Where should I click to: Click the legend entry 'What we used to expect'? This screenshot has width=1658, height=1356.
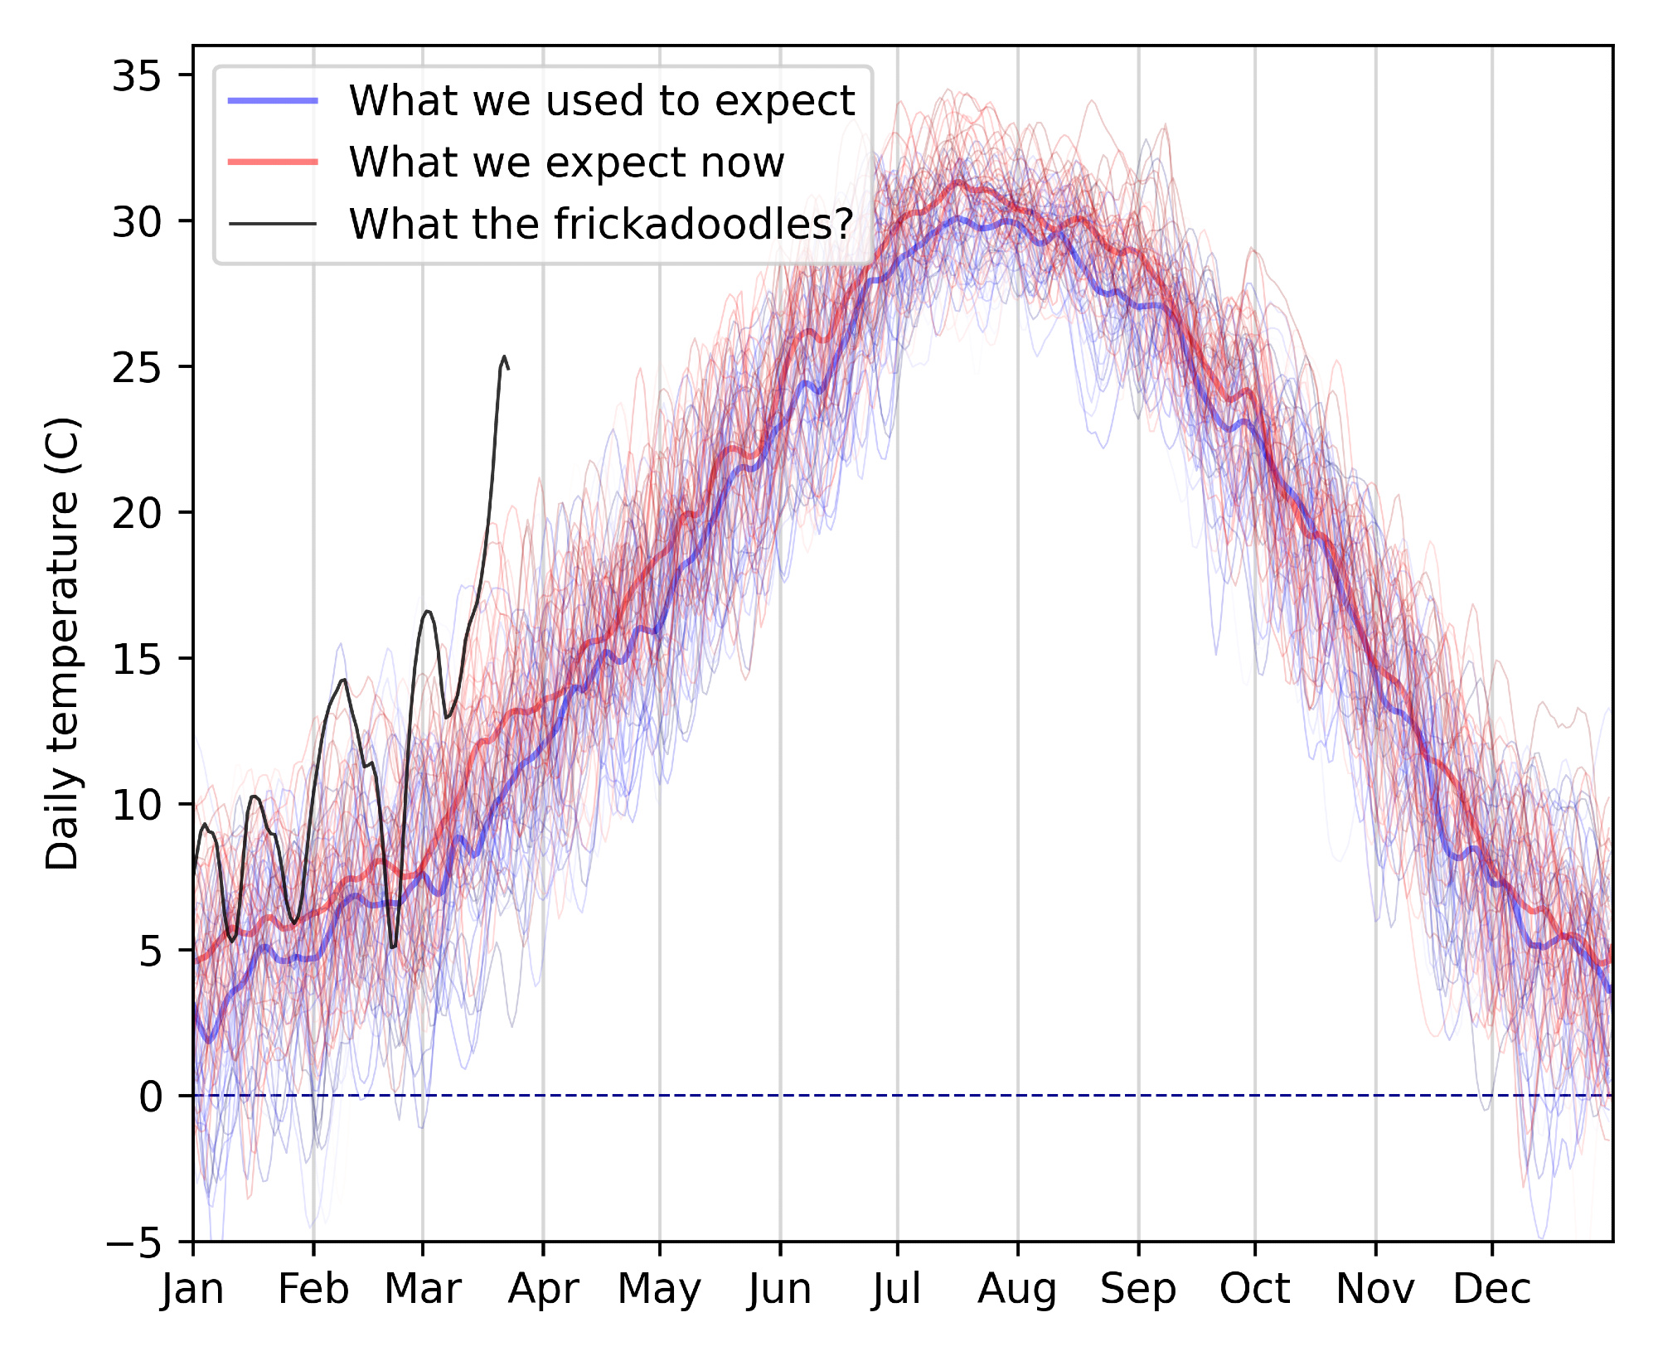pos(601,101)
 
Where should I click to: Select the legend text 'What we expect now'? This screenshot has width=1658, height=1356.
pos(566,162)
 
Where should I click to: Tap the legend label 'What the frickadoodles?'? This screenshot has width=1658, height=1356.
pos(601,224)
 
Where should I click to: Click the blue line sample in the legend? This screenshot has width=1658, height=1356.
pos(273,101)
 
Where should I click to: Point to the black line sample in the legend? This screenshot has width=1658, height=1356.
pos(273,224)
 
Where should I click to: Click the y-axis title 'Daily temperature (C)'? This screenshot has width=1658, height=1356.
pos(63,644)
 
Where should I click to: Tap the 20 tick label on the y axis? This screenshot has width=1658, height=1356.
pos(137,514)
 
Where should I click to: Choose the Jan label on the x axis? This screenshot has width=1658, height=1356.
pos(193,1290)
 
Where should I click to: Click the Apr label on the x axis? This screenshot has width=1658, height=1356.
pos(543,1290)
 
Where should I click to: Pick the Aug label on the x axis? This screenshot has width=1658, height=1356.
pos(1017,1290)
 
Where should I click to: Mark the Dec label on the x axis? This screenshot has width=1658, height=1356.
pos(1491,1290)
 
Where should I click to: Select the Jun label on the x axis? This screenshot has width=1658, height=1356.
pos(779,1290)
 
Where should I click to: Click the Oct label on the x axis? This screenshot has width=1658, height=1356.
pos(1254,1290)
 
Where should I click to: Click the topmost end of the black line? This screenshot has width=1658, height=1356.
pos(503,356)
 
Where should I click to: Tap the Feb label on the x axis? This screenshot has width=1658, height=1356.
pos(313,1290)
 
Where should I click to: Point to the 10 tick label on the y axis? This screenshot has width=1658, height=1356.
pos(137,805)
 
